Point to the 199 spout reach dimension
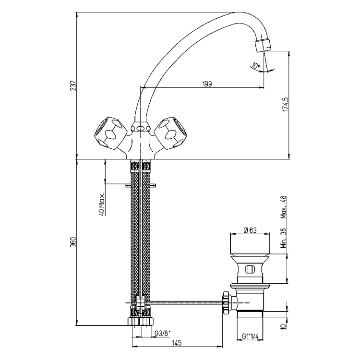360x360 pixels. coord(207,84)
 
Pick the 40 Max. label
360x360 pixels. coord(102,205)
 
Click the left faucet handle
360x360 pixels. coord(109,132)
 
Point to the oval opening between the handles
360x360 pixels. coord(140,128)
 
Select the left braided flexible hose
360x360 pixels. coord(134,230)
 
